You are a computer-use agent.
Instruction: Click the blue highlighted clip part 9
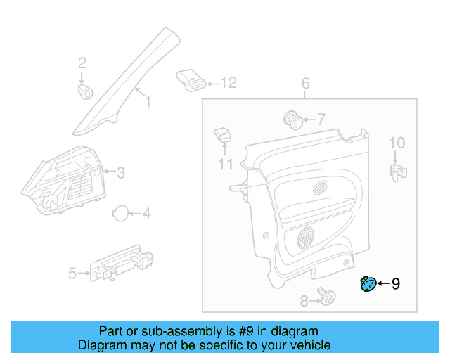[x=367, y=284]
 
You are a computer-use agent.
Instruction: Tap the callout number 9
[x=395, y=284]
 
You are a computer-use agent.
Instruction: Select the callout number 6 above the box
[x=306, y=84]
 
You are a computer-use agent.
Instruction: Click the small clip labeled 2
[x=86, y=91]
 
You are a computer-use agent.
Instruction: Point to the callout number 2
[x=82, y=63]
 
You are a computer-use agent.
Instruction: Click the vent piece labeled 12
[x=191, y=80]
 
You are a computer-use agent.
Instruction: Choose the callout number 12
[x=229, y=84]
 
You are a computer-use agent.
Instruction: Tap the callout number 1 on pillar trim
[x=148, y=103]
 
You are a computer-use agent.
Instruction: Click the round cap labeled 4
[x=120, y=213]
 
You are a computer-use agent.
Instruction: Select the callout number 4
[x=146, y=213]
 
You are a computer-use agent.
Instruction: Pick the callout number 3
[x=120, y=172]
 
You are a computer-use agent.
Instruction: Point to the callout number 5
[x=72, y=273]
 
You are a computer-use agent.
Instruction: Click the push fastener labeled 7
[x=293, y=120]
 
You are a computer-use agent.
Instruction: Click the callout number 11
[x=225, y=165]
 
